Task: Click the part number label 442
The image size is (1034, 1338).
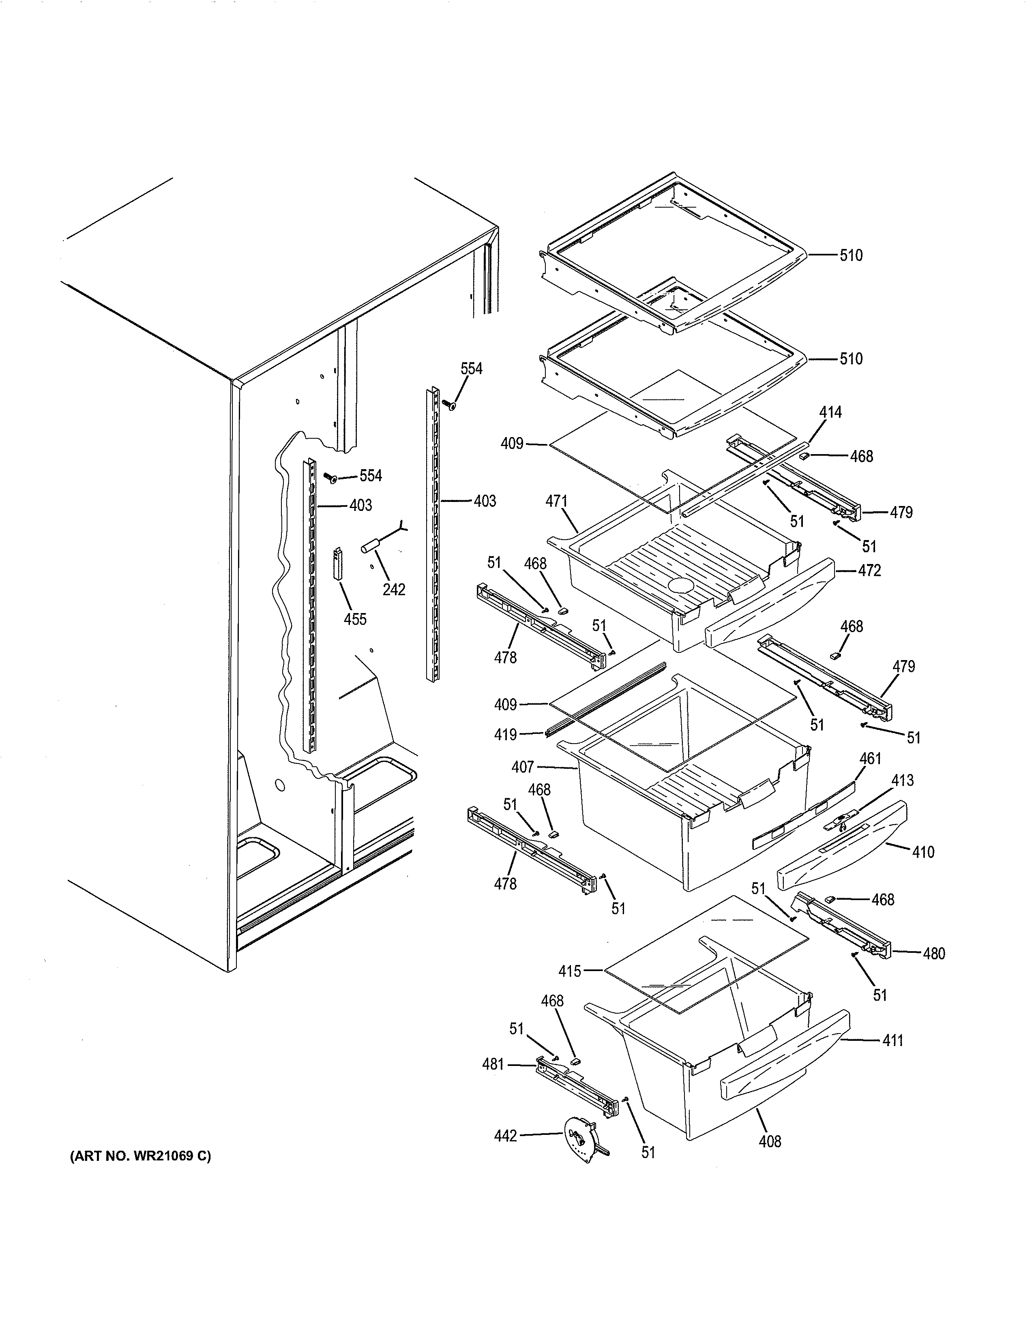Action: [x=505, y=1136]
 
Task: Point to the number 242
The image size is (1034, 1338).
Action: [x=394, y=590]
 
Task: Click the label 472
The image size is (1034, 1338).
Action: [x=869, y=570]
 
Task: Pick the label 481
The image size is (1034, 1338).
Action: [x=493, y=1064]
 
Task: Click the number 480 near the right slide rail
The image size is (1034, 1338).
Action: [x=933, y=953]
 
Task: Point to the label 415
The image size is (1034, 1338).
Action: [x=570, y=970]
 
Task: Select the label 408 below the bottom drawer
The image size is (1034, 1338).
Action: [x=770, y=1141]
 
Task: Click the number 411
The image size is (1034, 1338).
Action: [x=892, y=1040]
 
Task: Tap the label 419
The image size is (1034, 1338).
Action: [x=505, y=734]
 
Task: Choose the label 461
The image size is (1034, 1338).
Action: [x=870, y=759]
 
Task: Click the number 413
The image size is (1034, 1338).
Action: [x=902, y=780]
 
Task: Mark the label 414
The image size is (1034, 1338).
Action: [x=830, y=412]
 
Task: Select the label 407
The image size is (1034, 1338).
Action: [x=523, y=766]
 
